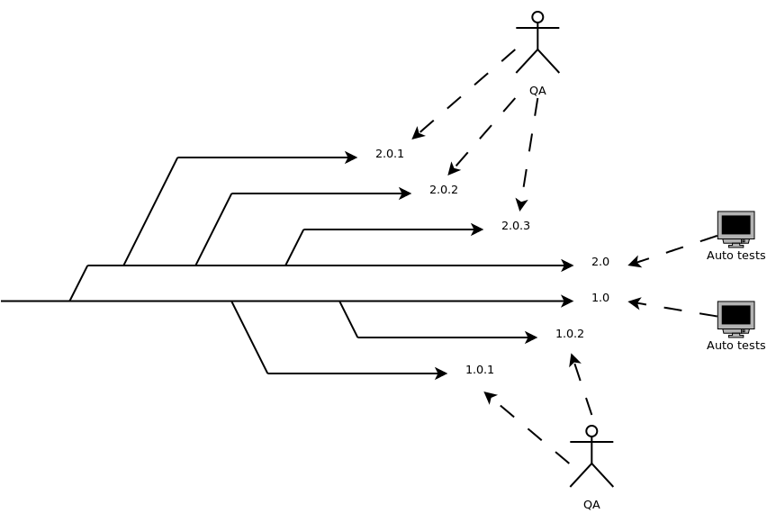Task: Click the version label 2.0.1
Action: (389, 154)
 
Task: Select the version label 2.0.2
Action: (443, 190)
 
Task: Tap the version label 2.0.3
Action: (515, 226)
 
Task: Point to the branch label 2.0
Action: (600, 262)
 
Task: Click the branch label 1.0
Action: (600, 298)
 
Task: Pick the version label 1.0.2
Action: (569, 334)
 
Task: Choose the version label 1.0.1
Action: (479, 370)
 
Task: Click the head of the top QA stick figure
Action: (537, 17)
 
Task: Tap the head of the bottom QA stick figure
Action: (591, 431)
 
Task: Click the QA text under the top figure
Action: (537, 91)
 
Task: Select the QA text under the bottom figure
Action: (591, 505)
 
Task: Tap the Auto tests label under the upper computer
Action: (735, 256)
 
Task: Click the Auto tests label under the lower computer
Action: (735, 346)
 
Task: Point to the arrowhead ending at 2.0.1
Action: (352, 157)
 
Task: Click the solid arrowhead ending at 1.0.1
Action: (442, 373)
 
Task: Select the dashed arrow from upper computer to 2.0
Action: (673, 250)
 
